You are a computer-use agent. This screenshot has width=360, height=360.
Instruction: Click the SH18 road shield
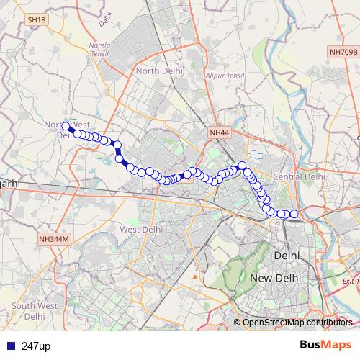click(x=35, y=20)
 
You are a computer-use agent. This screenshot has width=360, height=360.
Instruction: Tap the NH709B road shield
click(x=342, y=51)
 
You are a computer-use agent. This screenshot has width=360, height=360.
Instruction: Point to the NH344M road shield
click(x=53, y=238)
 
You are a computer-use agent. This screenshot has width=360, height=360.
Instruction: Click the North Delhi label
click(x=160, y=71)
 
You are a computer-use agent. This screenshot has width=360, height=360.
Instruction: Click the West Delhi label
click(x=139, y=229)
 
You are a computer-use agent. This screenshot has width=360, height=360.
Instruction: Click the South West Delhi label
click(x=35, y=311)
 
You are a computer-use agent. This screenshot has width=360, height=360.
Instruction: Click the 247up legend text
click(x=35, y=346)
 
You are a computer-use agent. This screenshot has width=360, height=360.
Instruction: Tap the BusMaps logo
click(x=325, y=346)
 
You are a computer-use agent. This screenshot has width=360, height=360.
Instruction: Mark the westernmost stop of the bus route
click(x=66, y=127)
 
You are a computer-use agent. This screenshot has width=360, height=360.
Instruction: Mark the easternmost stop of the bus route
click(x=294, y=213)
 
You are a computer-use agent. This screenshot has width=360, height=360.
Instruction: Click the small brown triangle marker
click(x=194, y=276)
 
